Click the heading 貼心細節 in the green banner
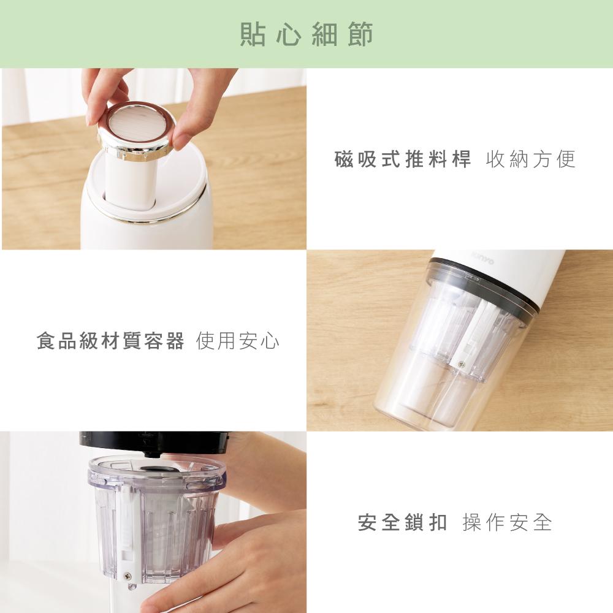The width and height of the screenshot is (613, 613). pyautogui.click(x=306, y=34)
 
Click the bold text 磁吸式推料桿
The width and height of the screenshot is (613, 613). pyautogui.click(x=403, y=159)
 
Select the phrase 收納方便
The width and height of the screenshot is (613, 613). pyautogui.click(x=531, y=159)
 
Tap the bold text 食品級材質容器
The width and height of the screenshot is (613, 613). pyautogui.click(x=110, y=340)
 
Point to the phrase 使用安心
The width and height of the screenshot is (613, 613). pyautogui.click(x=238, y=340)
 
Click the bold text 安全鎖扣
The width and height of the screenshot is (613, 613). pyautogui.click(x=403, y=522)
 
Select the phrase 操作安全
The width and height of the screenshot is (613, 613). pyautogui.click(x=508, y=522)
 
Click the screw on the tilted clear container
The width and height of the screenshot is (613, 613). pyautogui.click(x=462, y=365)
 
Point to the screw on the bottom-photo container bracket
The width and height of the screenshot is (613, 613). pyautogui.click(x=127, y=576)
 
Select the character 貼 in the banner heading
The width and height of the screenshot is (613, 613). pyautogui.click(x=253, y=34)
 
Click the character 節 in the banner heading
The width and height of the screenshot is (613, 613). pyautogui.click(x=360, y=34)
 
